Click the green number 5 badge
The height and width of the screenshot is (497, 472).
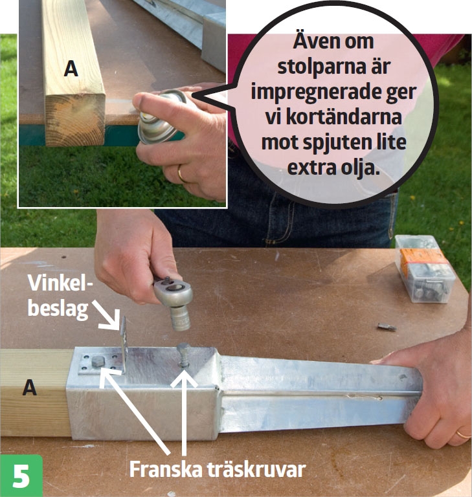pos(21,476)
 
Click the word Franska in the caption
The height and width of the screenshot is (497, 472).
pos(166,469)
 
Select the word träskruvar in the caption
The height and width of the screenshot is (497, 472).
pos(256,469)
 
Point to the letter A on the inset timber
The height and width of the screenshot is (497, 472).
pos(71,69)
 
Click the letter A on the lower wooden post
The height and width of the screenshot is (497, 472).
pos(30,388)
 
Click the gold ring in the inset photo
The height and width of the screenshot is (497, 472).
pos(181,173)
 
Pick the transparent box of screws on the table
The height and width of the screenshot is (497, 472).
pos(425,269)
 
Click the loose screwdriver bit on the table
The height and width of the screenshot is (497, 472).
pos(387,327)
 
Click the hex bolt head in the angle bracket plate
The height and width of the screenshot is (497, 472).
pos(98,361)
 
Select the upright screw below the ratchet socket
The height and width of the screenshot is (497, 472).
pos(184,355)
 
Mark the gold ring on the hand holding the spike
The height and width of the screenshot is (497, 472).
pos(464,434)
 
